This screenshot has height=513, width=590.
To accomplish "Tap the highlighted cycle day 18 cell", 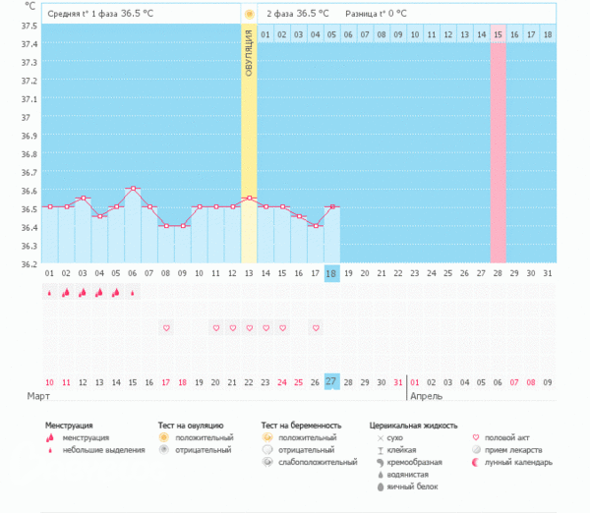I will (331, 273).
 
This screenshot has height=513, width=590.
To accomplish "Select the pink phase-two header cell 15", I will (498, 35).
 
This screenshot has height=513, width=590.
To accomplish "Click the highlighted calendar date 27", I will (331, 381).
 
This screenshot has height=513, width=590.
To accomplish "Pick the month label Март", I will (38, 396).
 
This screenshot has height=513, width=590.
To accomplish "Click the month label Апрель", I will (426, 396).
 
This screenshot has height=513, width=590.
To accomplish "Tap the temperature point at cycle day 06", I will (132, 188).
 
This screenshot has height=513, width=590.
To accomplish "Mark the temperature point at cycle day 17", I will (315, 225).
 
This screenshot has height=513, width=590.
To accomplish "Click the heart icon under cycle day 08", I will (165, 327).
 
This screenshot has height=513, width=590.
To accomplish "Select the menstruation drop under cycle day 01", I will (49, 293).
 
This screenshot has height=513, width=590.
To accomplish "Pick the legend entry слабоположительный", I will (317, 461).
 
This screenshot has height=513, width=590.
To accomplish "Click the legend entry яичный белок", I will (410, 486).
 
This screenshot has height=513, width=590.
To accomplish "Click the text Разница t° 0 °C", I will (376, 14).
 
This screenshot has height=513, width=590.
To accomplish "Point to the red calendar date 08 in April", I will (531, 381).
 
